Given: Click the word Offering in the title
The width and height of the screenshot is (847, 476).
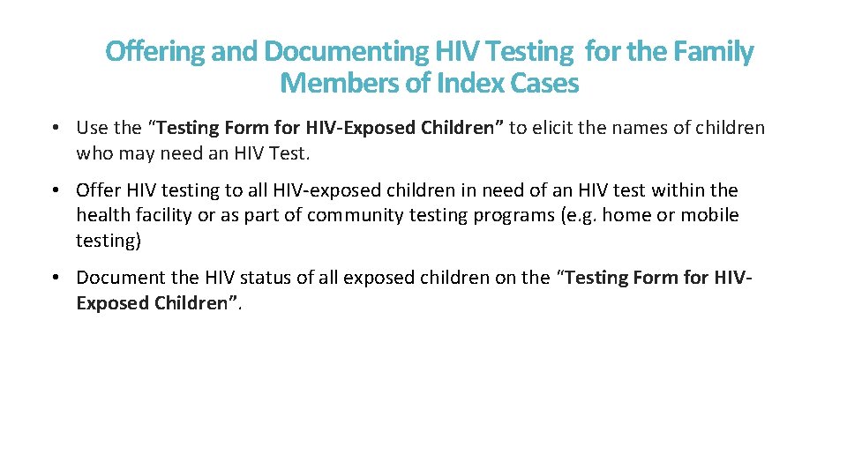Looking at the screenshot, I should click(154, 53).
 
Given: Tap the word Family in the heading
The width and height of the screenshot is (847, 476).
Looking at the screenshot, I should click(714, 53).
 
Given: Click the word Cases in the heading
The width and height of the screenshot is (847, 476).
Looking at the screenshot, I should click(542, 84).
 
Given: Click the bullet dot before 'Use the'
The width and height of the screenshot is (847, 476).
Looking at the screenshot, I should click(55, 128).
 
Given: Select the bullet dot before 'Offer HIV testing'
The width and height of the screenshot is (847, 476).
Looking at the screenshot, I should click(55, 190).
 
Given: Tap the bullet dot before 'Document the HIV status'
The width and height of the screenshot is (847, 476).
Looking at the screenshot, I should click(55, 278).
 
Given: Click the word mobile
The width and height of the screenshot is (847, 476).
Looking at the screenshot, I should click(711, 216).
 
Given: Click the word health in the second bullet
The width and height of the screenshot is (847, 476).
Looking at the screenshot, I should click(101, 216).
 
